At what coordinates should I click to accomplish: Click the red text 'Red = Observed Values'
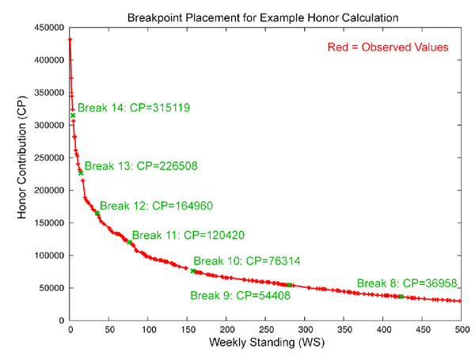[388, 47]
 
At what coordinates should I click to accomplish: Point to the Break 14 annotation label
[134, 108]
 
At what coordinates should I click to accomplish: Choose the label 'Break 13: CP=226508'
[141, 166]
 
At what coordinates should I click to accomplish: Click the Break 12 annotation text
[156, 206]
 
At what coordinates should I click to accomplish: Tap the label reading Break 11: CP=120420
[188, 235]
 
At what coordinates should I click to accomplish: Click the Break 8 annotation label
[408, 282]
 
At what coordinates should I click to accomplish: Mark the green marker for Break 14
[73, 116]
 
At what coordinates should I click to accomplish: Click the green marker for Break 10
[193, 271]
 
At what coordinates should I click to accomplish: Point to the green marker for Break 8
[401, 297]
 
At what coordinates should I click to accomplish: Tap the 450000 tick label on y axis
[48, 27]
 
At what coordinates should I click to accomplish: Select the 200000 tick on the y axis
[48, 190]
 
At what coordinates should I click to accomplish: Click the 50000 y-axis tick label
[51, 288]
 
